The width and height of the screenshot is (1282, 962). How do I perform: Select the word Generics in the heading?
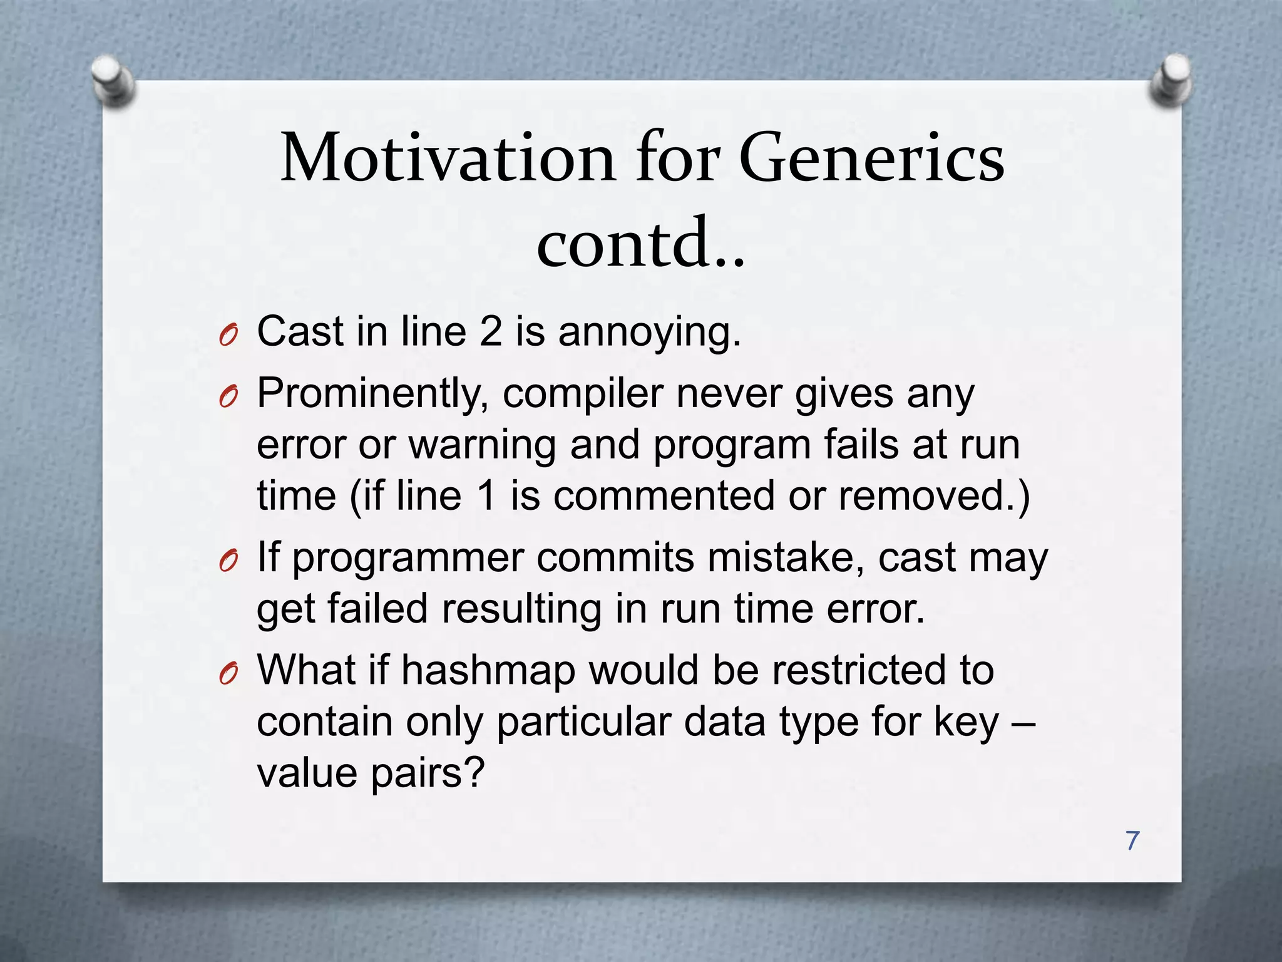pos(871,158)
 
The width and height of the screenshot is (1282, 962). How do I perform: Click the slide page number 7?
pos(1132,840)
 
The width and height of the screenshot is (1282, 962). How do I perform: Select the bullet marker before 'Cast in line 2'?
pos(228,337)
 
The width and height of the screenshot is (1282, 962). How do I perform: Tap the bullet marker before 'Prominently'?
pos(228,398)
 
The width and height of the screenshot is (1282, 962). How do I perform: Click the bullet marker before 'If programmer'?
pos(228,562)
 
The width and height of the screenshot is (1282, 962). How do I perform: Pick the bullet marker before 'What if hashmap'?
pos(228,675)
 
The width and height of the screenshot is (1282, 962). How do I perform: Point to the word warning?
pos(482,445)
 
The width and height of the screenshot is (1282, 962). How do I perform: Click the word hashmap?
pos(488,670)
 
